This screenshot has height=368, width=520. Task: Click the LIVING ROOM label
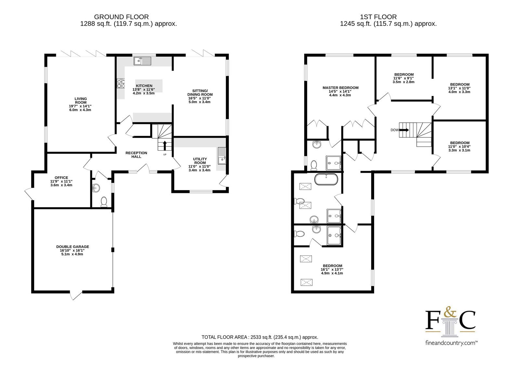81,101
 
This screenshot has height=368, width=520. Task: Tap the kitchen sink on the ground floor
142,61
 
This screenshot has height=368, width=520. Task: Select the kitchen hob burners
121,84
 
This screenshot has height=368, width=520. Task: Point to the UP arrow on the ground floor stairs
165,145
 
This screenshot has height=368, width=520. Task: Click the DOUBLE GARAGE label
73,247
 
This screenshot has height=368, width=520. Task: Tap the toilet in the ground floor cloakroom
104,202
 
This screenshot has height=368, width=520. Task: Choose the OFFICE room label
61,178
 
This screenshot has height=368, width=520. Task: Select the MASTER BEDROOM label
340,88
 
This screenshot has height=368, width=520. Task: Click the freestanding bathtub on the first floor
326,179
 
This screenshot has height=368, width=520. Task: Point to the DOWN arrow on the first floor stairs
404,130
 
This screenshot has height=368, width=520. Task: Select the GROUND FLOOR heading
122,17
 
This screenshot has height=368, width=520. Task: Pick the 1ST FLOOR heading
378,17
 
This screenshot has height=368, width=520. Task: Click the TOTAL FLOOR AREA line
260,337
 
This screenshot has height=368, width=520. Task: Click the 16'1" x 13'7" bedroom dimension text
332,269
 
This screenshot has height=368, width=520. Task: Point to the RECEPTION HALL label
136,155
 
